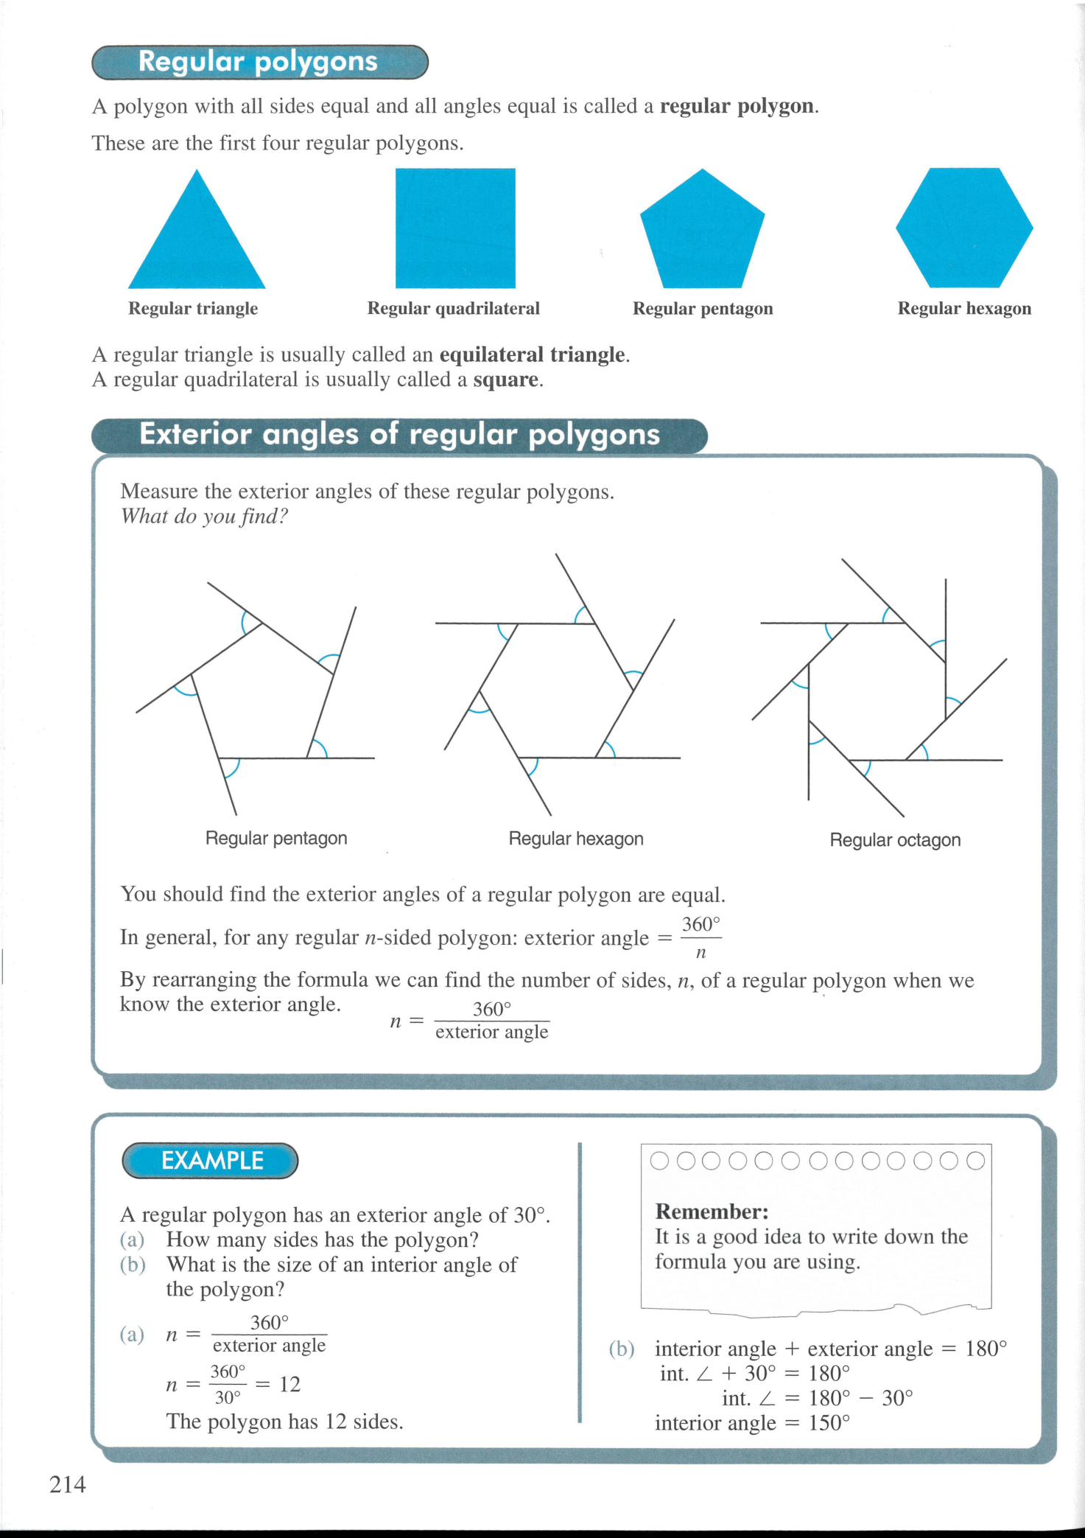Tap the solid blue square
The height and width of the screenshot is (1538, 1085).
pyautogui.click(x=455, y=228)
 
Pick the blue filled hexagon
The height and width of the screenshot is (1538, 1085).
pyautogui.click(x=964, y=228)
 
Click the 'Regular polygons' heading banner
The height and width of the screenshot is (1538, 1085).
pyautogui.click(x=259, y=62)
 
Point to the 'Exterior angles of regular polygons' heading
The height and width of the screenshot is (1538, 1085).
pyautogui.click(x=399, y=435)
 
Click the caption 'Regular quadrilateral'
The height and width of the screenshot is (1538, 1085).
pyautogui.click(x=453, y=308)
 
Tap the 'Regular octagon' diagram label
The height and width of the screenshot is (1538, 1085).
pyautogui.click(x=895, y=840)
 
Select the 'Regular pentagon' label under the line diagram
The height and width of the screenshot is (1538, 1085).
pyautogui.click(x=276, y=838)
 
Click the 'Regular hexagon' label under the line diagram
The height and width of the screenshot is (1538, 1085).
pyautogui.click(x=576, y=839)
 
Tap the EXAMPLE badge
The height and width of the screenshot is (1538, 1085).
pyautogui.click(x=211, y=1161)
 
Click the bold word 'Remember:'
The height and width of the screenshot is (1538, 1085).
pyautogui.click(x=712, y=1212)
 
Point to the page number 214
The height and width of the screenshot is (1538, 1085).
pyautogui.click(x=68, y=1484)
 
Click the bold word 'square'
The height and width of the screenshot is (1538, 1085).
pyautogui.click(x=506, y=380)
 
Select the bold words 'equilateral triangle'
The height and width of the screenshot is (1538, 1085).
pyautogui.click(x=533, y=355)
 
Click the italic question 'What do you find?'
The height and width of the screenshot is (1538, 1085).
pyautogui.click(x=204, y=516)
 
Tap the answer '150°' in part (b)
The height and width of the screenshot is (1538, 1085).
pyautogui.click(x=829, y=1422)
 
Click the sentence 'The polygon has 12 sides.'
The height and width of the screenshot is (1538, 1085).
pyautogui.click(x=284, y=1421)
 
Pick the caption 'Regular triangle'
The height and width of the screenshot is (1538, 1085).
pyautogui.click(x=193, y=308)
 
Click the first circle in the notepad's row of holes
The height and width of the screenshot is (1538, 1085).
pyautogui.click(x=659, y=1161)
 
